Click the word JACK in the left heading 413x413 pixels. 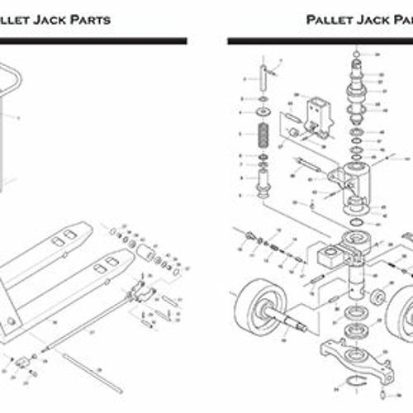coord(50,19)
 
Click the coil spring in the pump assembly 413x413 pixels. coord(263,134)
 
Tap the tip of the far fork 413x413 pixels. coord(89,226)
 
